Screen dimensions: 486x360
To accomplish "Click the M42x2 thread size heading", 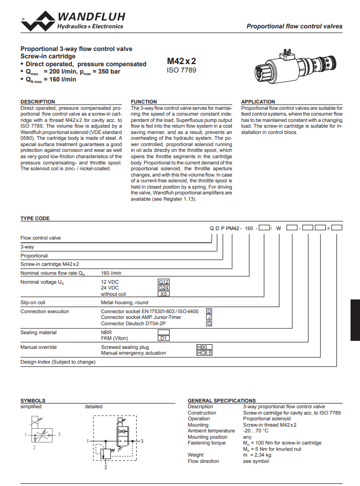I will (x=181, y=60).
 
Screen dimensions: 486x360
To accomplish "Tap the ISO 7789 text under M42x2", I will (x=181, y=70).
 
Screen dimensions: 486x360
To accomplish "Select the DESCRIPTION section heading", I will (x=37, y=101).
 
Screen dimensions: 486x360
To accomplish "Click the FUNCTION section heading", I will (x=143, y=101).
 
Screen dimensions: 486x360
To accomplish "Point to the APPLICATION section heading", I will (x=258, y=101).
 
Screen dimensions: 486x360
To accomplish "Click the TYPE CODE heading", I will (x=35, y=218).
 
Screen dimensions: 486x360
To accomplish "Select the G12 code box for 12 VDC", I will (x=163, y=282).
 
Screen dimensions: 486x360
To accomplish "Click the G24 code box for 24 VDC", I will (x=163, y=288).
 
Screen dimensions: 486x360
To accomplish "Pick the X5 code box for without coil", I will (x=163, y=294).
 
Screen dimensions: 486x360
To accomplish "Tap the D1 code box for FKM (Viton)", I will (x=163, y=338).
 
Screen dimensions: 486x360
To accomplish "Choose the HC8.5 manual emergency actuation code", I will (x=203, y=353).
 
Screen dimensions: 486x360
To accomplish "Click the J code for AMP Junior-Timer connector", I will (x=209, y=317).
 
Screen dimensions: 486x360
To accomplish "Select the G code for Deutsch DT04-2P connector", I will (x=209, y=323).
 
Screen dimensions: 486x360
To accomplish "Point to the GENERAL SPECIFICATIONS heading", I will (x=221, y=400).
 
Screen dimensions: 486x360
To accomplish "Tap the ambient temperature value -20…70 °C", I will (x=255, y=431).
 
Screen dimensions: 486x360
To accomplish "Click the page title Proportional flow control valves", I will (x=294, y=26).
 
